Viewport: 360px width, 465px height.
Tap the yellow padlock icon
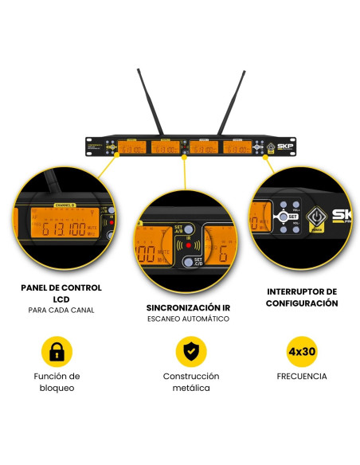click(x=57, y=350)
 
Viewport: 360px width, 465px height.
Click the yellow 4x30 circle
click(x=302, y=350)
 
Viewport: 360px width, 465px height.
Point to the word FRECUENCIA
click(x=302, y=377)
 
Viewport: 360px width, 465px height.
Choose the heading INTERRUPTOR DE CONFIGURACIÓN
click(x=302, y=297)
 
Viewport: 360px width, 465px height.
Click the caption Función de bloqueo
click(x=57, y=382)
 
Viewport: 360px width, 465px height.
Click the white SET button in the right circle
click(x=289, y=216)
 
